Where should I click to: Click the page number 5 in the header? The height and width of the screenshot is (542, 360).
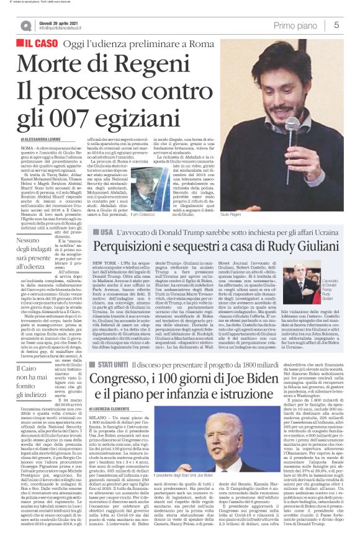(336, 25)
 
